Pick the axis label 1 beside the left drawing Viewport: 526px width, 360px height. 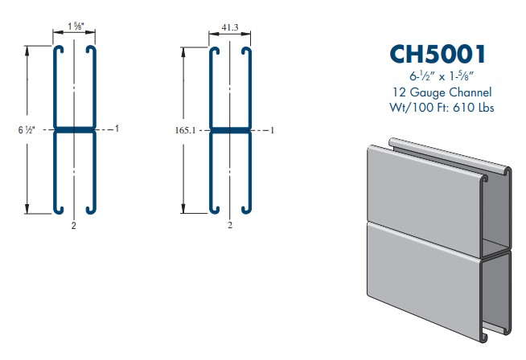click(117, 129)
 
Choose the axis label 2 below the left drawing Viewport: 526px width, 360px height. click(74, 226)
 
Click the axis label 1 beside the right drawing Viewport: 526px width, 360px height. click(273, 129)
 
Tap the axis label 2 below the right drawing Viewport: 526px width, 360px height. click(230, 226)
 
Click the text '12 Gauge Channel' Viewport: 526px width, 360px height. click(438, 92)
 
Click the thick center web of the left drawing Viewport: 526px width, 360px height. click(75, 129)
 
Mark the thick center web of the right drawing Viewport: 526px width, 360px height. click(230, 129)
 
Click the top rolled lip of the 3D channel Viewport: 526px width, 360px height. click(450, 154)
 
